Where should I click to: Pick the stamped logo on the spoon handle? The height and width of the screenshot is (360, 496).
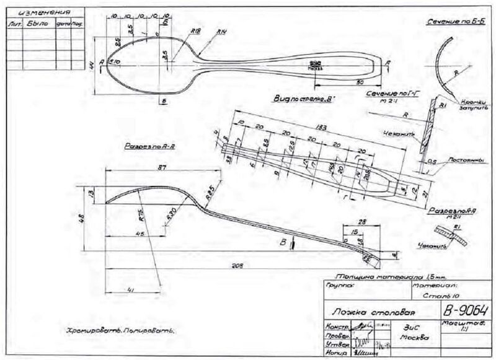[x=315, y=64]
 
